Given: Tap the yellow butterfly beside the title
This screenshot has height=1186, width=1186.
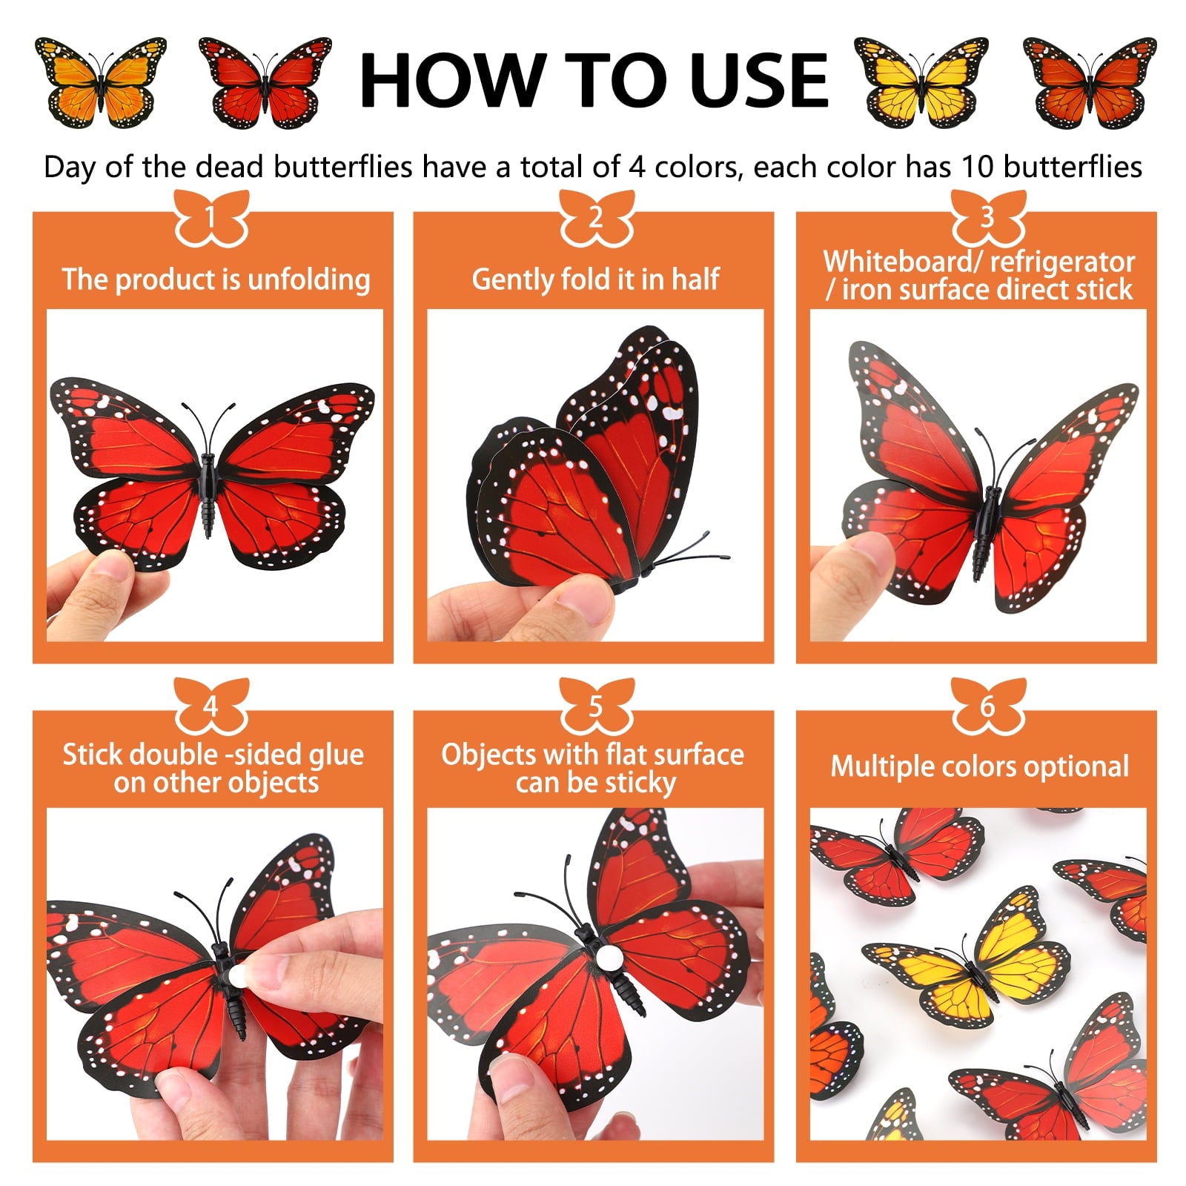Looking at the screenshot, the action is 921,82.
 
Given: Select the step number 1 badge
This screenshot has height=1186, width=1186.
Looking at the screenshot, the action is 211,217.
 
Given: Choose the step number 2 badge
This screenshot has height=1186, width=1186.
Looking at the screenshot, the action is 596,217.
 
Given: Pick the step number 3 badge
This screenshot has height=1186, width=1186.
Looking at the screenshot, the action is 987,217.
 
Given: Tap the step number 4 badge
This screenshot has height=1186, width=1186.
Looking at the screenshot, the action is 211,706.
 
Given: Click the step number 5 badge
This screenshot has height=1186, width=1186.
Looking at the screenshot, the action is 596,706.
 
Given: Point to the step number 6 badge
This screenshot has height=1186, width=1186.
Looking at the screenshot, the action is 987,706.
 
